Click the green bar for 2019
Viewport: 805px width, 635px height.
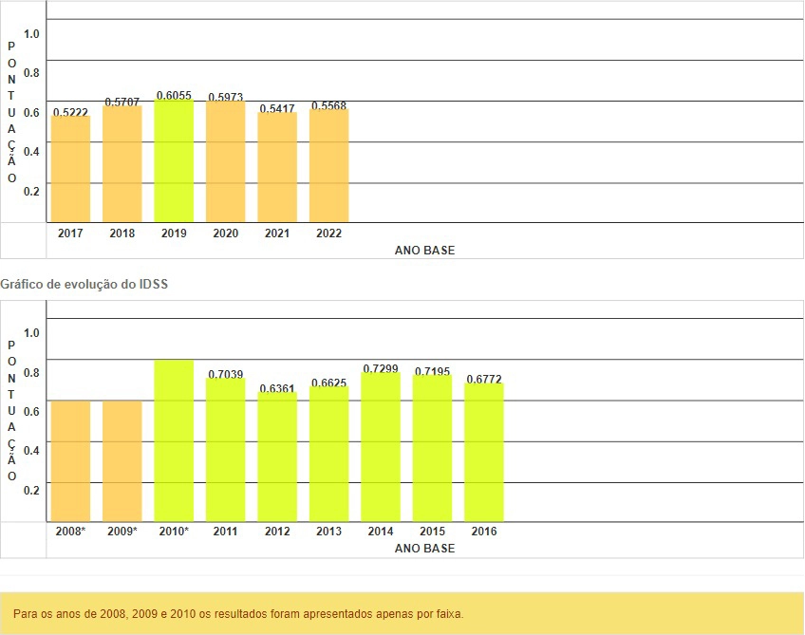tap(174, 160)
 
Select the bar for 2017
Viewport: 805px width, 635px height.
tap(70, 168)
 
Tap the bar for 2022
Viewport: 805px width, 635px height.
tap(328, 165)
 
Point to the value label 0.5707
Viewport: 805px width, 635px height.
tap(122, 102)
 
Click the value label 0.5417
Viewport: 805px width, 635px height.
tap(277, 108)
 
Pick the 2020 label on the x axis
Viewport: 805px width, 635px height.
tap(226, 233)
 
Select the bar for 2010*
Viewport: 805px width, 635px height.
tap(174, 440)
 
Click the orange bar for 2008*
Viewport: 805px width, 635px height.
tap(70, 460)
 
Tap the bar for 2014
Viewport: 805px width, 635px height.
tap(381, 447)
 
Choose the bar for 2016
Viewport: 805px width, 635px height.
tap(484, 452)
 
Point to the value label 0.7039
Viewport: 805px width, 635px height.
tap(226, 374)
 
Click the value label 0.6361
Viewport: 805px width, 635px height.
tap(277, 387)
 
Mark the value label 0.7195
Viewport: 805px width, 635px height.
tap(433, 370)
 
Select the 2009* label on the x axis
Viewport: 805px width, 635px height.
tap(122, 532)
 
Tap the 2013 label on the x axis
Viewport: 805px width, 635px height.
tap(328, 532)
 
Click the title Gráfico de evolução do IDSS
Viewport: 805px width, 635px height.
tap(84, 284)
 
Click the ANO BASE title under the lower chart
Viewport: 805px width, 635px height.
tap(424, 549)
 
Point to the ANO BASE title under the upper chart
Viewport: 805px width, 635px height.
tap(424, 251)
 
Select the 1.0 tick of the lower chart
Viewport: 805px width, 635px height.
tap(32, 332)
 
